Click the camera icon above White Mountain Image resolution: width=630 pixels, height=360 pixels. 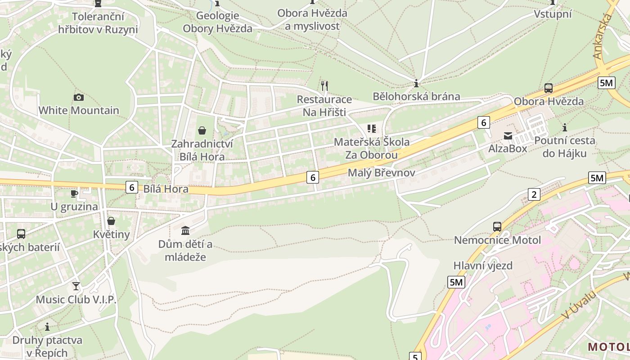pyautogui.click(x=78, y=97)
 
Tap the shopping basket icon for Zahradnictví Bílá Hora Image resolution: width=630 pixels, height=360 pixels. pyautogui.click(x=202, y=130)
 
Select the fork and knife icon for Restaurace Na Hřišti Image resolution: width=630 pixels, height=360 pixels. pyautogui.click(x=324, y=85)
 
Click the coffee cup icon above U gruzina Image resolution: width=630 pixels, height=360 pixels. pyautogui.click(x=74, y=194)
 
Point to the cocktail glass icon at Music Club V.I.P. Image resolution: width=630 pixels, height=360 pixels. pyautogui.click(x=76, y=286)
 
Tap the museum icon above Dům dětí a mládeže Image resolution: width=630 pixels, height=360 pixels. pyautogui.click(x=185, y=231)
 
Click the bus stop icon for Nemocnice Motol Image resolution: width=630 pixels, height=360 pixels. pyautogui.click(x=497, y=226)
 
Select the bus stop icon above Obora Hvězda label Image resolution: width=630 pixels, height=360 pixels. pyautogui.click(x=548, y=88)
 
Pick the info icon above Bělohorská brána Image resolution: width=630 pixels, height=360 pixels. pyautogui.click(x=416, y=83)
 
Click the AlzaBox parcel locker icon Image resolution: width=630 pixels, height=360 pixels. pyautogui.click(x=508, y=135)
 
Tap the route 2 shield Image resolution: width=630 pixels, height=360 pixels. pyautogui.click(x=534, y=194)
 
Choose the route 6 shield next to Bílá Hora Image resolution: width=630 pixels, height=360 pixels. pyautogui.click(x=131, y=187)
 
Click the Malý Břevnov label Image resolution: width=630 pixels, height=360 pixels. pyautogui.click(x=381, y=173)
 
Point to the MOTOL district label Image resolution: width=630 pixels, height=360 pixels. pyautogui.click(x=608, y=347)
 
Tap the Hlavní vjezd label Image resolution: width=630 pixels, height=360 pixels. pyautogui.click(x=483, y=265)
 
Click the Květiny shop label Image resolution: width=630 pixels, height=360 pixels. pyautogui.click(x=111, y=234)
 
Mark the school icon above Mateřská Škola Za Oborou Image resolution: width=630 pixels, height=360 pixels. pyautogui.click(x=371, y=129)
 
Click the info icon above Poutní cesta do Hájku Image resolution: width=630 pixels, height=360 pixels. pyautogui.click(x=565, y=127)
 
